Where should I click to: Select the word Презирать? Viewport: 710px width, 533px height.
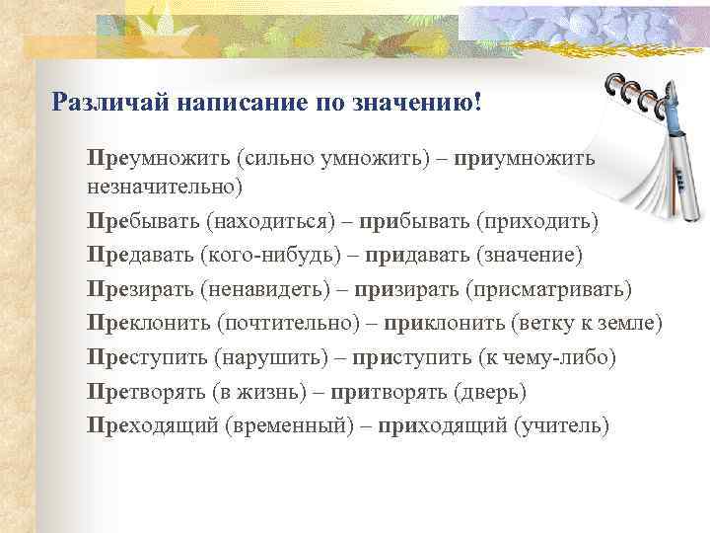(139, 289)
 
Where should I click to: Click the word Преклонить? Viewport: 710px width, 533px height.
(147, 324)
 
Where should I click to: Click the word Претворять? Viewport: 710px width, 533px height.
(145, 392)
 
